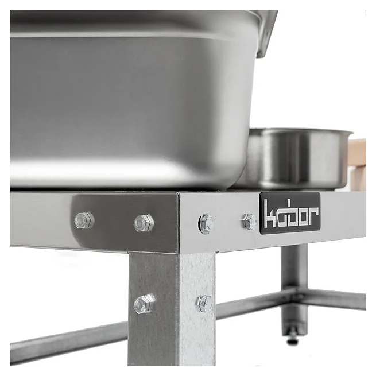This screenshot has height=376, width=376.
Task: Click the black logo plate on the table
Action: [290, 213]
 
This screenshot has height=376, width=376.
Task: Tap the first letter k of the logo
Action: [270, 214]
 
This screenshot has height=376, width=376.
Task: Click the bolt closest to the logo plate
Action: [250, 222]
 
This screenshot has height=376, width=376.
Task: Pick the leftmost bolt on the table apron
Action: [84, 220]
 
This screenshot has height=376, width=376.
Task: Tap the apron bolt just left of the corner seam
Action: [144, 223]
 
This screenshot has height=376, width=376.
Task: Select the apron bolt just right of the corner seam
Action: [206, 223]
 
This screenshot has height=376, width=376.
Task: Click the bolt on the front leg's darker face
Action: [144, 304]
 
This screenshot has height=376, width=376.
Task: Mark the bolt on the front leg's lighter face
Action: [204, 304]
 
